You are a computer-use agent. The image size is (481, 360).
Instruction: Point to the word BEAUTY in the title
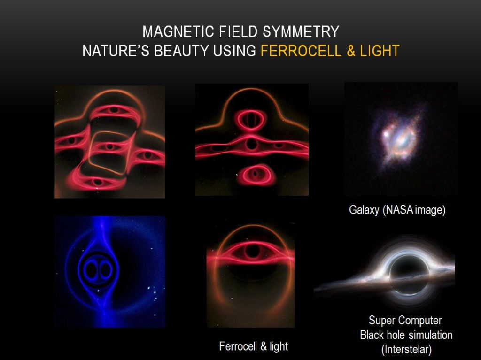[182, 51]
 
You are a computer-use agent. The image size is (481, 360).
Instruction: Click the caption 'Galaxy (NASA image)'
[397, 210]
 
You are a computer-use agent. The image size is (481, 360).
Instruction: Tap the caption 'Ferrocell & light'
[253, 346]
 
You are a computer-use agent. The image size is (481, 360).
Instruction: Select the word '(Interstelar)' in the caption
[406, 350]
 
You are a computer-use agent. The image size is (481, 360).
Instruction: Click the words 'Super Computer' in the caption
[405, 321]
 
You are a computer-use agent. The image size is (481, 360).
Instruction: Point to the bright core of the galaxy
[387, 134]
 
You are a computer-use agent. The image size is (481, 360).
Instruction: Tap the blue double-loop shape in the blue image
[98, 269]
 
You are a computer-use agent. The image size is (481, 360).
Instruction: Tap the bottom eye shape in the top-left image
[98, 181]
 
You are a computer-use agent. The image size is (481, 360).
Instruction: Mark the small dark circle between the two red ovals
[252, 144]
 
